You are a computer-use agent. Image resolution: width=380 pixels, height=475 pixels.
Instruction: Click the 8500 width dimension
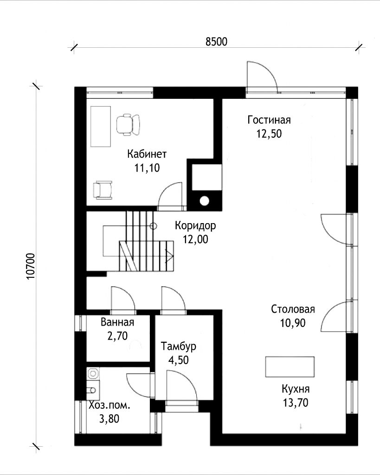tap(216, 41)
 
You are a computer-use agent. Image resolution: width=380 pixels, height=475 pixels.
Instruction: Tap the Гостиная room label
tap(269, 120)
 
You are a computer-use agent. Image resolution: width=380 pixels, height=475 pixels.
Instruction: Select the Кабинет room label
tap(147, 154)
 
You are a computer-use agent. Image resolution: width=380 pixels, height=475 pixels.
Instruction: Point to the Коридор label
tap(195, 225)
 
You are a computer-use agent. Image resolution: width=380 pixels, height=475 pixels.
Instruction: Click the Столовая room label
tap(293, 309)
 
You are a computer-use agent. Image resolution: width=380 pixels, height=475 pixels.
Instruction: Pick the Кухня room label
tap(296, 389)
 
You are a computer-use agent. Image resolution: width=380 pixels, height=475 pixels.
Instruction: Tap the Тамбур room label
tap(179, 346)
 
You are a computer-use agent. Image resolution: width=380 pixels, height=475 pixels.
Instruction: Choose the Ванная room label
tap(117, 322)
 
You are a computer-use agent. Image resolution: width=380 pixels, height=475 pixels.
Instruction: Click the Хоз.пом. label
tap(109, 405)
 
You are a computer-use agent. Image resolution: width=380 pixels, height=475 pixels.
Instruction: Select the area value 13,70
tap(296, 403)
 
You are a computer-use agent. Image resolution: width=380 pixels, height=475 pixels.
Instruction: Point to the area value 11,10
tap(147, 168)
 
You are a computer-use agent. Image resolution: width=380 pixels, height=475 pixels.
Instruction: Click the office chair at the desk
tap(128, 124)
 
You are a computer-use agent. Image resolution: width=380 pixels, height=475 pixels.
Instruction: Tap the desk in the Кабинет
tap(101, 126)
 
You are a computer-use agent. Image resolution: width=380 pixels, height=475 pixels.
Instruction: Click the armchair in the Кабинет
tap(103, 190)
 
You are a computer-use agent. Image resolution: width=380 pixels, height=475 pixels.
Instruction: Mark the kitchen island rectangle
tap(290, 366)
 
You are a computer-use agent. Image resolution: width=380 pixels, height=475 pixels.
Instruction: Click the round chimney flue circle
tap(204, 201)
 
